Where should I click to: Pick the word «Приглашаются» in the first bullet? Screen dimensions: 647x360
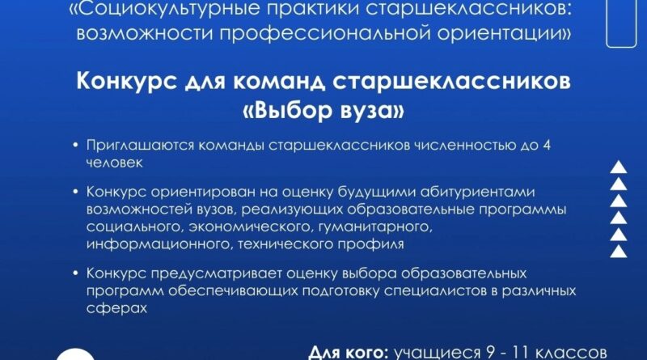140,146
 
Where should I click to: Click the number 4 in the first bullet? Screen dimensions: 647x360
547,146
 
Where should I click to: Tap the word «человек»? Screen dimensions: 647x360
114,163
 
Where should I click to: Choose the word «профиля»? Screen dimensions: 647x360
370,244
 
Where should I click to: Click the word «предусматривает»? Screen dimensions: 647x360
217,273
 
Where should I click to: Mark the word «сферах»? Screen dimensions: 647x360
116,308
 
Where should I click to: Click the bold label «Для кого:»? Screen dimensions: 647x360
349,354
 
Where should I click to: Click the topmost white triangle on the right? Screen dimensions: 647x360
619,167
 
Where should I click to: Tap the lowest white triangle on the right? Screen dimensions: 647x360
619,252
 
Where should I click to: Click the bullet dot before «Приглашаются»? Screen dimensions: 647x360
75,146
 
